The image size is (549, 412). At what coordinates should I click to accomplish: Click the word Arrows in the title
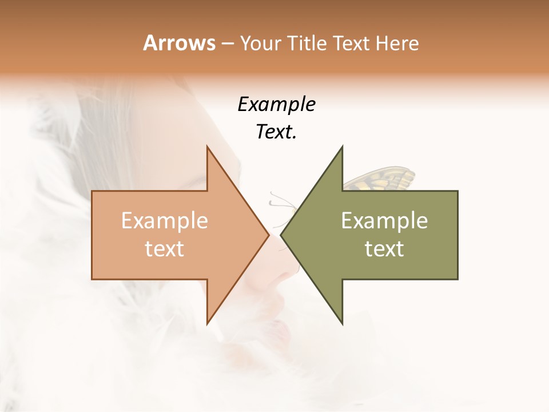179,43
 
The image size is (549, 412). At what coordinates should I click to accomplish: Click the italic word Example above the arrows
277,104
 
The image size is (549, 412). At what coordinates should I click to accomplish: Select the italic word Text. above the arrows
277,132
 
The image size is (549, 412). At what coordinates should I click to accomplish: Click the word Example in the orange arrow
165,221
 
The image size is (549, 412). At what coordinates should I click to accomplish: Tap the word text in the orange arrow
165,249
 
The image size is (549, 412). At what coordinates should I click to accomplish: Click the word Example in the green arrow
384,221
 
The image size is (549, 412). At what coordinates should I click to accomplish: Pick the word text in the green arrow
384,249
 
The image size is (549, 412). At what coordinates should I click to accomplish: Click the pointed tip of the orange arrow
268,235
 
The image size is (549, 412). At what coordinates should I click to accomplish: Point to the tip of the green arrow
281,235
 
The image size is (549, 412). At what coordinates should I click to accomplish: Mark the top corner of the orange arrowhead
207,146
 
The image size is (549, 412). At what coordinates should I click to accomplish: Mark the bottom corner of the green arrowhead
342,324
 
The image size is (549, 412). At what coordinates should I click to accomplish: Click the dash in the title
226,44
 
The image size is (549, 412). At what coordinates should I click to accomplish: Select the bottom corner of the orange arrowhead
207,324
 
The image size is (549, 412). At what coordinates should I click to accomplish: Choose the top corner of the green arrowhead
342,146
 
